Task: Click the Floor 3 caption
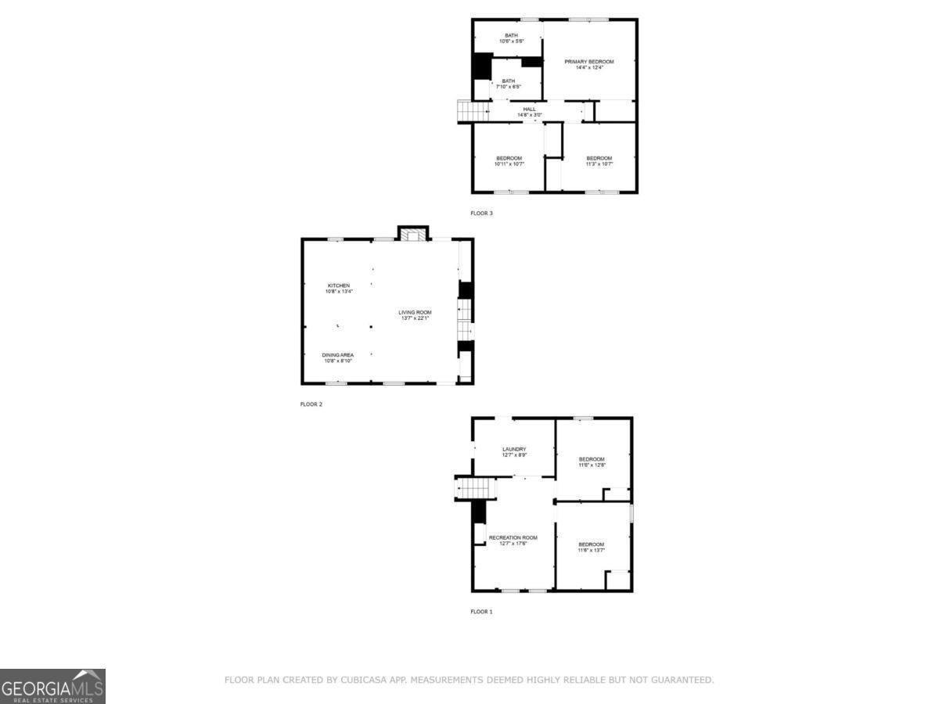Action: (481, 213)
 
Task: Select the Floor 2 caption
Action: (311, 404)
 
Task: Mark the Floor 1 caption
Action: (481, 612)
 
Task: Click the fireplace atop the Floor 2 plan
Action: (413, 233)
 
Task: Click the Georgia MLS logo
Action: (52, 686)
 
